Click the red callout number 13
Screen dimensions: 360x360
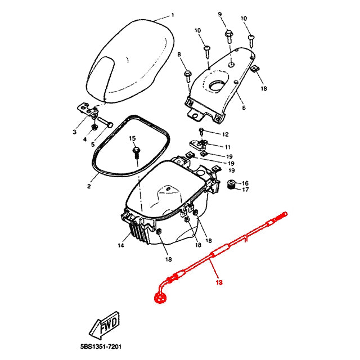tap(219, 282)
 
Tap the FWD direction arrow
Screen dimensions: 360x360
tap(105, 325)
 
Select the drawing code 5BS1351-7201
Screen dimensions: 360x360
tap(101, 346)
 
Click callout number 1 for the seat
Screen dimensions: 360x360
tap(173, 15)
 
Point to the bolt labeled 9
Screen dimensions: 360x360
tap(229, 37)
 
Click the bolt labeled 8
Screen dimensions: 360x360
tap(188, 76)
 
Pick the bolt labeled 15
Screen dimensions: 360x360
tap(136, 154)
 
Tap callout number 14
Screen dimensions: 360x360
tap(121, 245)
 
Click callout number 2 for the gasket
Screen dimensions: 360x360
tap(89, 186)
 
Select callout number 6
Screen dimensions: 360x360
tap(244, 107)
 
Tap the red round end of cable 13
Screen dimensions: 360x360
tap(160, 298)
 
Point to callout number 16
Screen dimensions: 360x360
tap(245, 183)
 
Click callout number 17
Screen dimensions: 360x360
tap(245, 190)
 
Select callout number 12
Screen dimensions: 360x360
tap(226, 134)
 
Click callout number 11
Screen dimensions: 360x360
tap(227, 147)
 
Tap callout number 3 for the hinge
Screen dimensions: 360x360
tap(75, 132)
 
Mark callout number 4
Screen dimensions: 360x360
tap(85, 139)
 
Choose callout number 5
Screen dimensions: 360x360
tap(93, 144)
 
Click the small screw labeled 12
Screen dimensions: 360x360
tap(201, 131)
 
